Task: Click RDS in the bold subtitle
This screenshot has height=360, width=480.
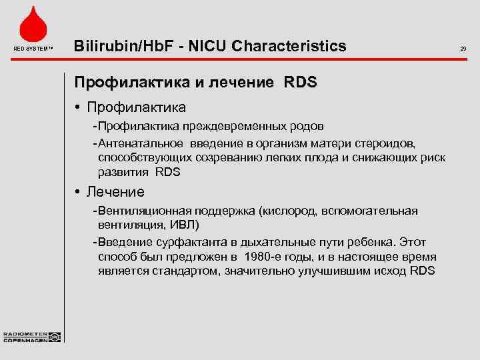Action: (x=301, y=83)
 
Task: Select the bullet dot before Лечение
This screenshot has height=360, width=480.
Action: (x=78, y=192)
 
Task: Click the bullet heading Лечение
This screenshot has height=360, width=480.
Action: (x=116, y=192)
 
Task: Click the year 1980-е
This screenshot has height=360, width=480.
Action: (x=265, y=257)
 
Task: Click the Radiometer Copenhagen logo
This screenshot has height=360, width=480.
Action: (x=31, y=337)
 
